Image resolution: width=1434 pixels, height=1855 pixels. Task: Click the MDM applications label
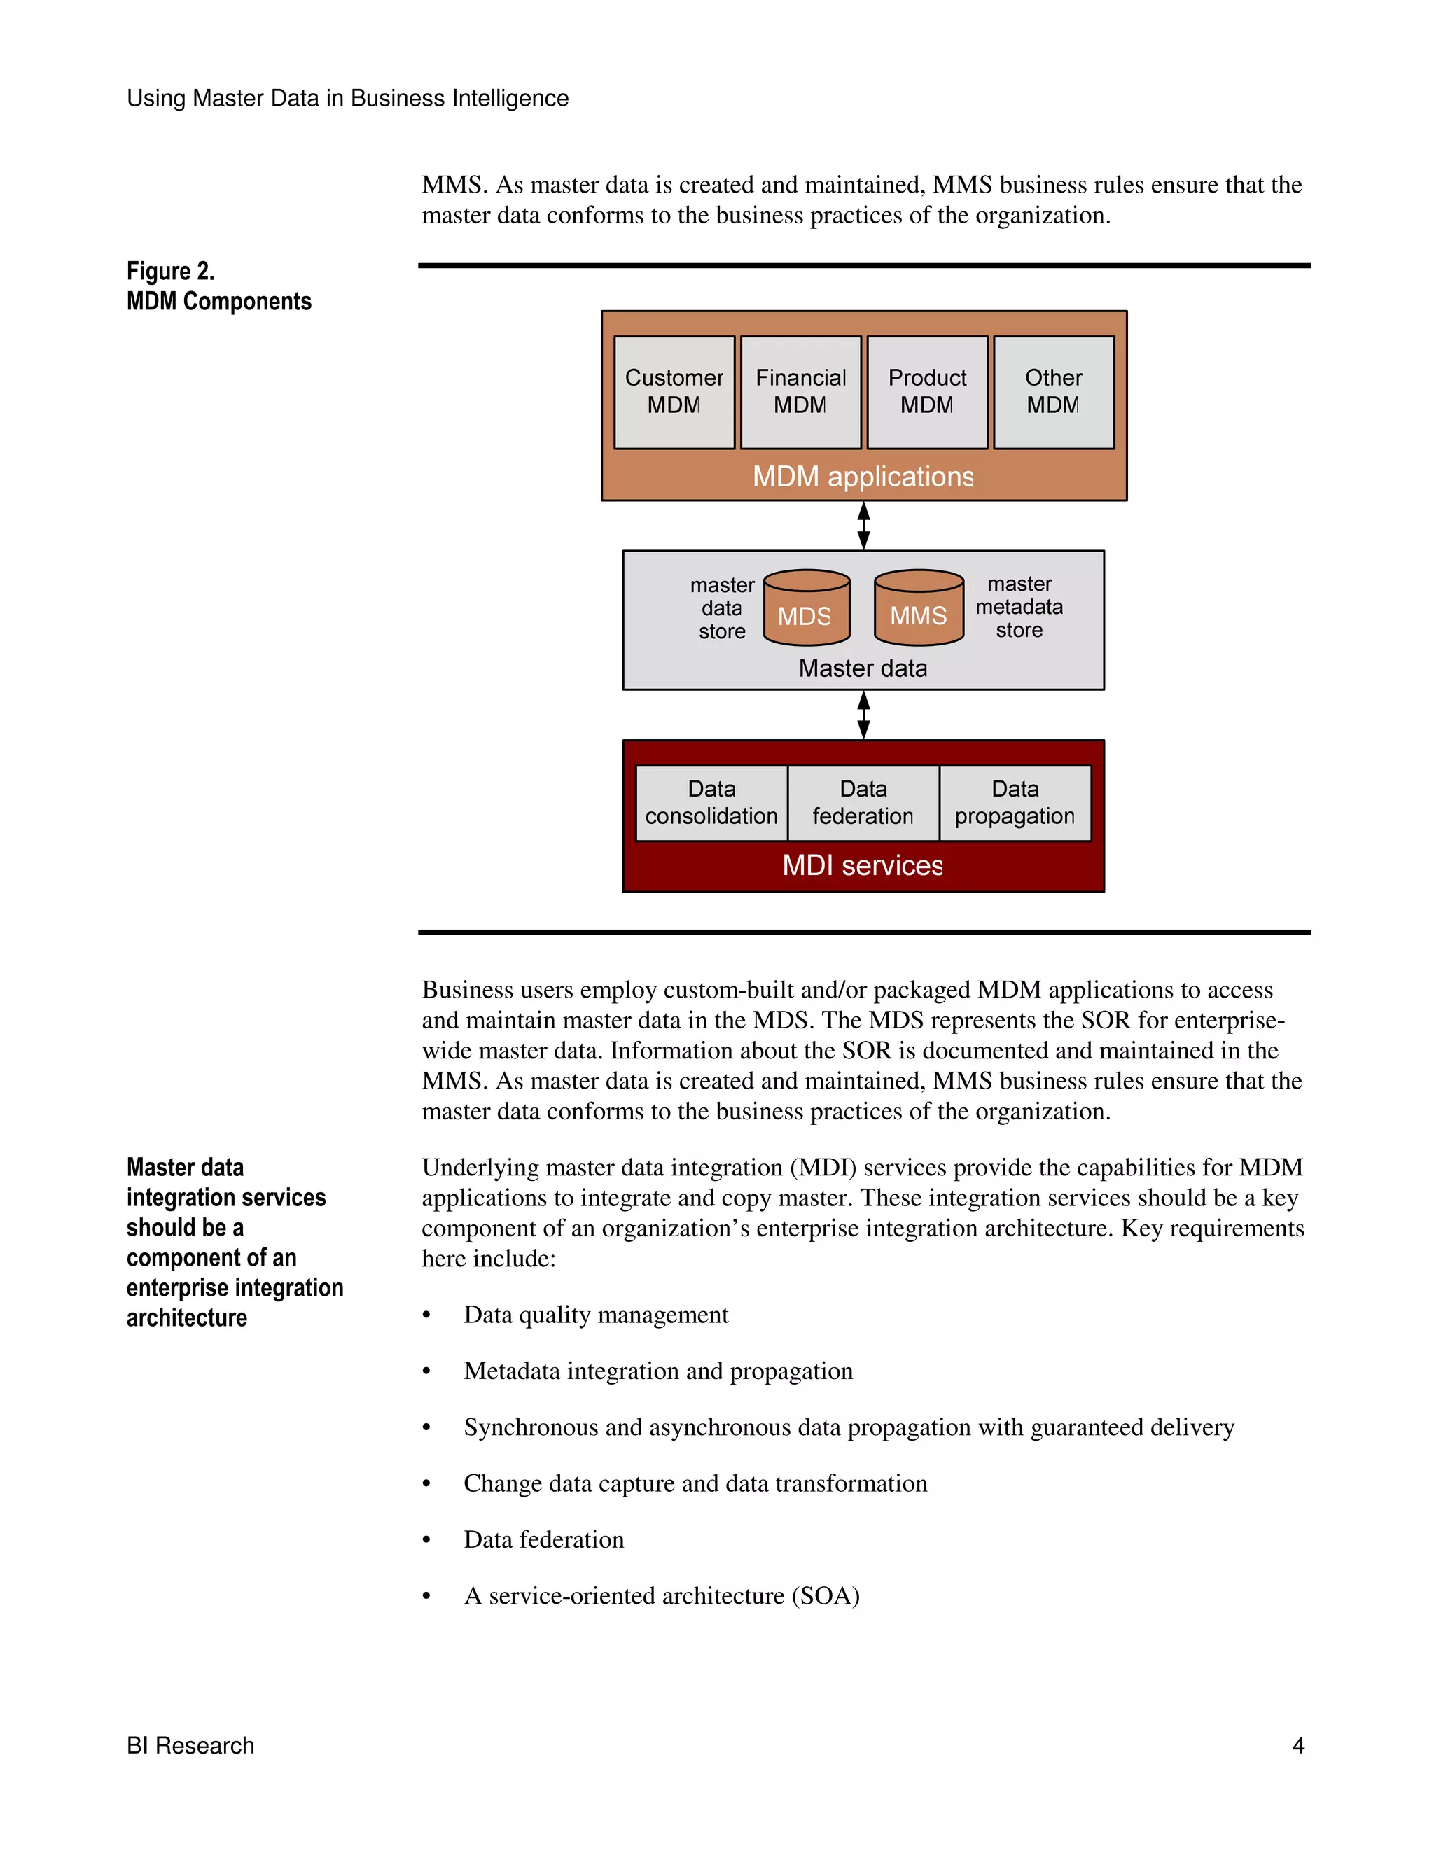(x=863, y=477)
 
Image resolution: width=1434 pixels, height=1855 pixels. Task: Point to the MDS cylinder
(x=806, y=608)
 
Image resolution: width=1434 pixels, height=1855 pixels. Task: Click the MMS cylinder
(x=919, y=608)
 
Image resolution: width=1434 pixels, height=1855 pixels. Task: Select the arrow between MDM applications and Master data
(x=864, y=526)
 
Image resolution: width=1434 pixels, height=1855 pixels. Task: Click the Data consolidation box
(x=711, y=803)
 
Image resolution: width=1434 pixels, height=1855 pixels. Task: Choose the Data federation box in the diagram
(x=863, y=803)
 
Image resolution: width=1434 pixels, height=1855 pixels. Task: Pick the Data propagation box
(x=1015, y=803)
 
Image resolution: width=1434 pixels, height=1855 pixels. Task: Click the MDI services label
(x=863, y=865)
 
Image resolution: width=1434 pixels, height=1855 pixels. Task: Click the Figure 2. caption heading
(x=171, y=271)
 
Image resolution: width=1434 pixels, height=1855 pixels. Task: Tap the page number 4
(x=1298, y=1745)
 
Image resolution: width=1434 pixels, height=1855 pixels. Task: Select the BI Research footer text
(x=190, y=1745)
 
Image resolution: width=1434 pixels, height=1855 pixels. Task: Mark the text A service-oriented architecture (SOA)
(x=662, y=1596)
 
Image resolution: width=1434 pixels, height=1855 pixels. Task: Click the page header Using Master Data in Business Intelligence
(x=347, y=99)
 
